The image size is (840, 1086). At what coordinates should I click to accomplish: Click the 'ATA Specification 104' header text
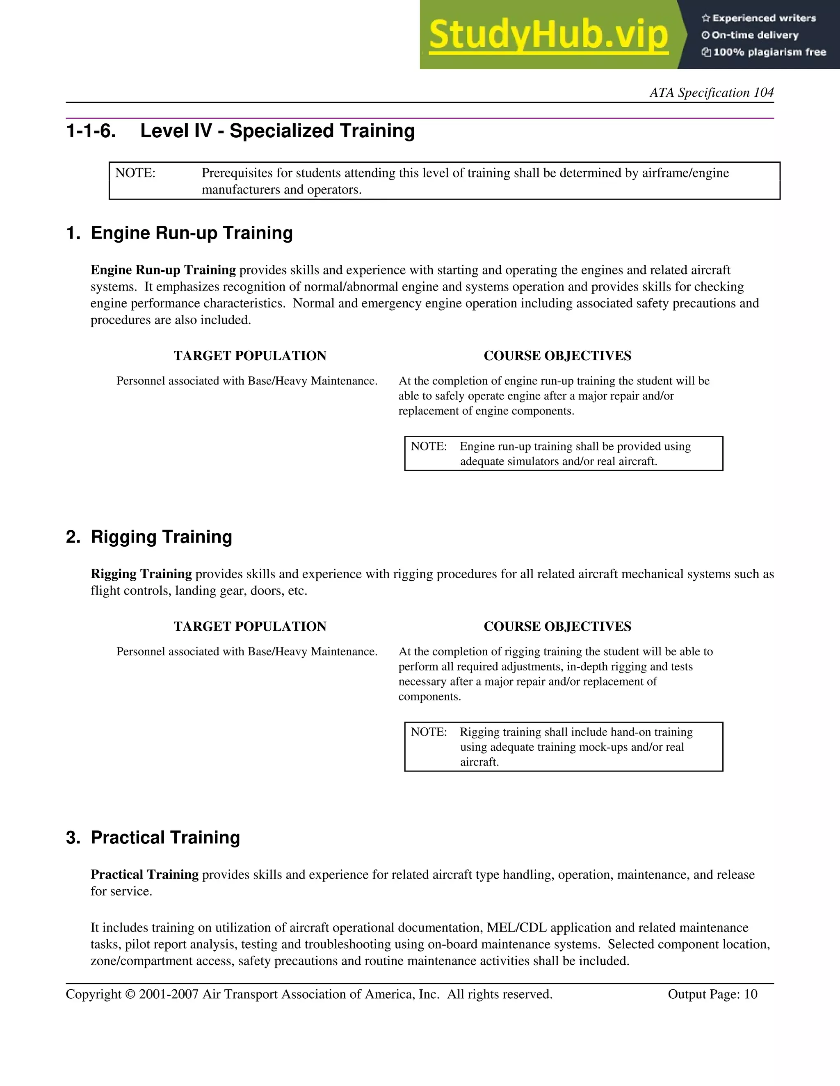click(x=711, y=93)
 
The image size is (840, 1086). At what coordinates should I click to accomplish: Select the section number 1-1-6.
click(x=91, y=131)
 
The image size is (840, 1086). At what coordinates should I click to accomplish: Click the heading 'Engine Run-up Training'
click(x=192, y=233)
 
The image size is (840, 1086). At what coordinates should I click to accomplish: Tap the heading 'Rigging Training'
click(x=161, y=537)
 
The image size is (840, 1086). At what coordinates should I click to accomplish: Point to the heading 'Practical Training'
click(x=165, y=837)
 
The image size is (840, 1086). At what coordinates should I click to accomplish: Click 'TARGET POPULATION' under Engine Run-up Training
click(x=250, y=356)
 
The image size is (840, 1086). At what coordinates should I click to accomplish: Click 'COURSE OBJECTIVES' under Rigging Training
click(x=557, y=627)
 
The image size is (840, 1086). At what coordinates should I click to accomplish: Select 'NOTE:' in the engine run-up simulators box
click(x=429, y=447)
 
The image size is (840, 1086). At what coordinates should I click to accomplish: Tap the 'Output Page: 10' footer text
click(x=712, y=994)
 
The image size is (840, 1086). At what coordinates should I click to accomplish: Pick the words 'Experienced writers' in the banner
click(x=764, y=18)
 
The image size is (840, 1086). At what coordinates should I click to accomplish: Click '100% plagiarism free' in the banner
click(x=769, y=52)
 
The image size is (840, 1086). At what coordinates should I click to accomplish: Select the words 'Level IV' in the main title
click(x=176, y=131)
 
